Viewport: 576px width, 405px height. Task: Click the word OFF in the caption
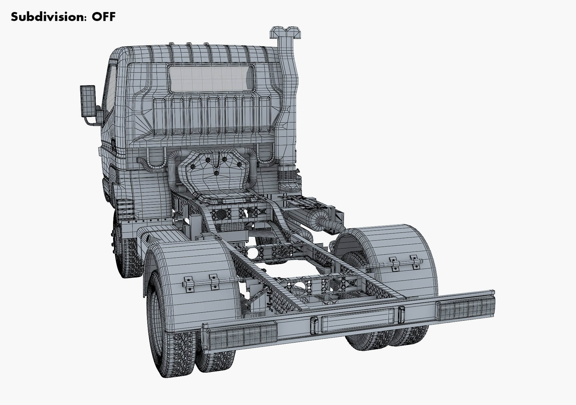[103, 17]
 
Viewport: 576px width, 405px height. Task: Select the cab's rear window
[211, 78]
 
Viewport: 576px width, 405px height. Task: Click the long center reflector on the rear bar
[357, 320]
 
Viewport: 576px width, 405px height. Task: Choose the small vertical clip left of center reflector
[314, 325]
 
